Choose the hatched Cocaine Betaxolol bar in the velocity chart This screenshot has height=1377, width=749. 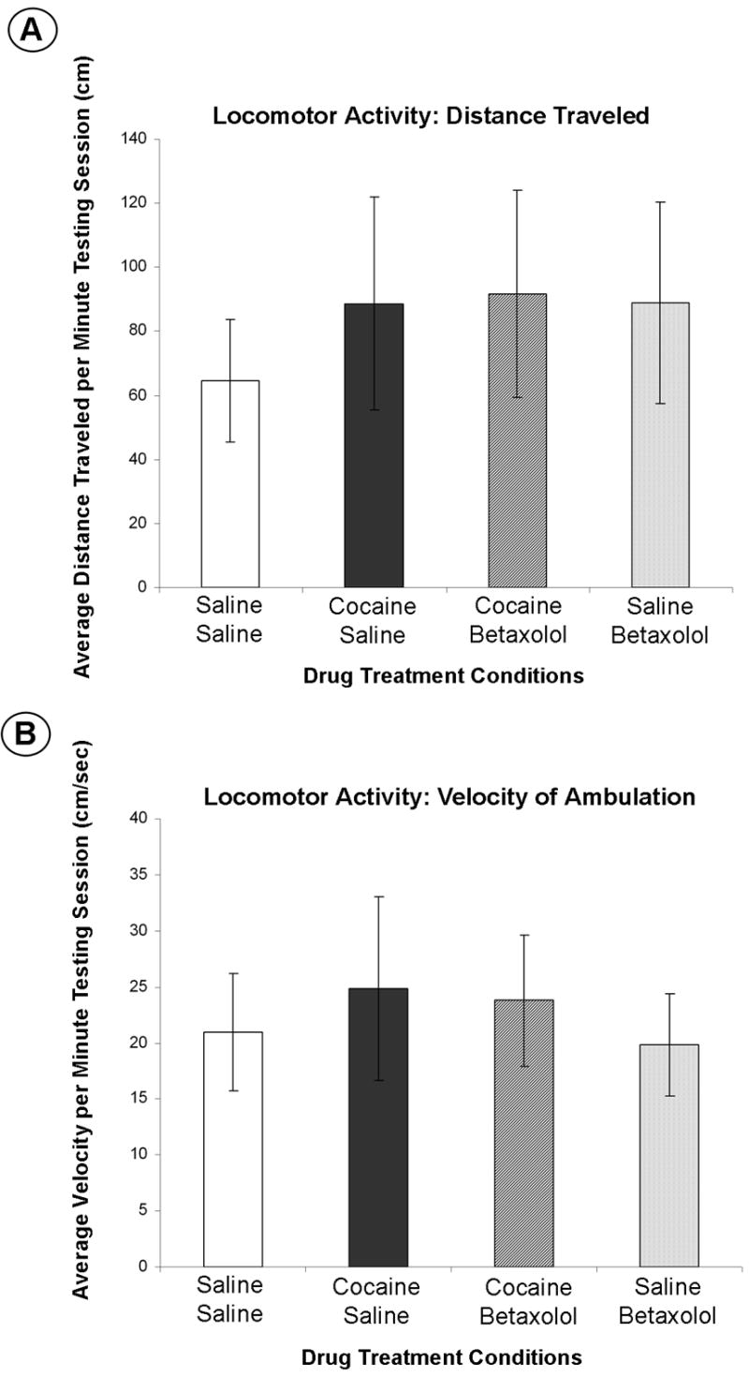tap(523, 1133)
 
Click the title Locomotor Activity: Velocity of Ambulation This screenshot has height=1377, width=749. tap(449, 797)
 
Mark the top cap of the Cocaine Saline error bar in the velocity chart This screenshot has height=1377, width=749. tap(377, 896)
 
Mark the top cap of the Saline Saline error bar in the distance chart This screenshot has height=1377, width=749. tap(229, 319)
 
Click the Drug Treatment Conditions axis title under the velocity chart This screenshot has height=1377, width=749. tap(441, 1356)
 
